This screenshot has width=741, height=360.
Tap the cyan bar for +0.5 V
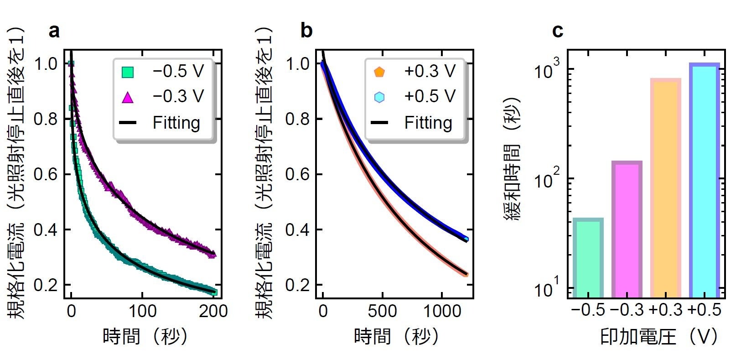coord(705,181)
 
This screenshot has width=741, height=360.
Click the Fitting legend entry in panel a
coord(160,123)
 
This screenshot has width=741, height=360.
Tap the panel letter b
coord(306,31)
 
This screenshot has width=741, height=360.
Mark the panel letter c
coord(557,31)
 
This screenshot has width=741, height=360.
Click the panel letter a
coord(54,31)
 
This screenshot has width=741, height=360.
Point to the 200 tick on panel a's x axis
coord(213,311)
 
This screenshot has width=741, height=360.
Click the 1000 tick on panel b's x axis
coord(442,311)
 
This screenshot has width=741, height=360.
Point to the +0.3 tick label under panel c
coord(666,310)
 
